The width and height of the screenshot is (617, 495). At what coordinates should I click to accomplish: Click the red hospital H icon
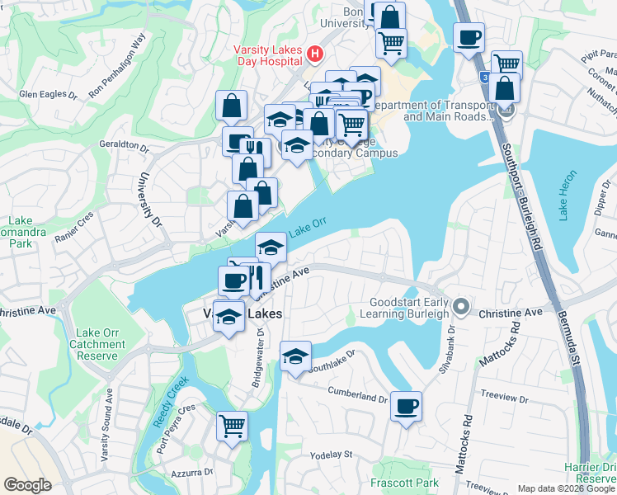click(314, 54)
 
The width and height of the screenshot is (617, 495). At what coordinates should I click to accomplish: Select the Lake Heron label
click(564, 200)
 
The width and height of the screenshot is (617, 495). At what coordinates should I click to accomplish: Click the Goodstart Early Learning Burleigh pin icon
click(463, 308)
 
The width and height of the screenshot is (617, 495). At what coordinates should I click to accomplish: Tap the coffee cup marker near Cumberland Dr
click(406, 406)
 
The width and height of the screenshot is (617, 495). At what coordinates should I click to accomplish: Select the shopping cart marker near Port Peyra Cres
click(232, 426)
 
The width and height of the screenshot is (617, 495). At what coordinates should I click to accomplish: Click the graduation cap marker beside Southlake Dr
click(295, 356)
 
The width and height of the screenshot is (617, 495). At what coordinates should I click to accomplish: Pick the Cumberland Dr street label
click(357, 395)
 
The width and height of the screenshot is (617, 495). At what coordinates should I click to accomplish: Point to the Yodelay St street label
click(331, 455)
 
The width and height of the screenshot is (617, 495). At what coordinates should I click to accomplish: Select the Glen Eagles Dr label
click(48, 94)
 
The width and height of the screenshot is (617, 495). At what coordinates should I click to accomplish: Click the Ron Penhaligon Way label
click(117, 66)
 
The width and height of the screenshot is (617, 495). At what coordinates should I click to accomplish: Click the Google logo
click(27, 485)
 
